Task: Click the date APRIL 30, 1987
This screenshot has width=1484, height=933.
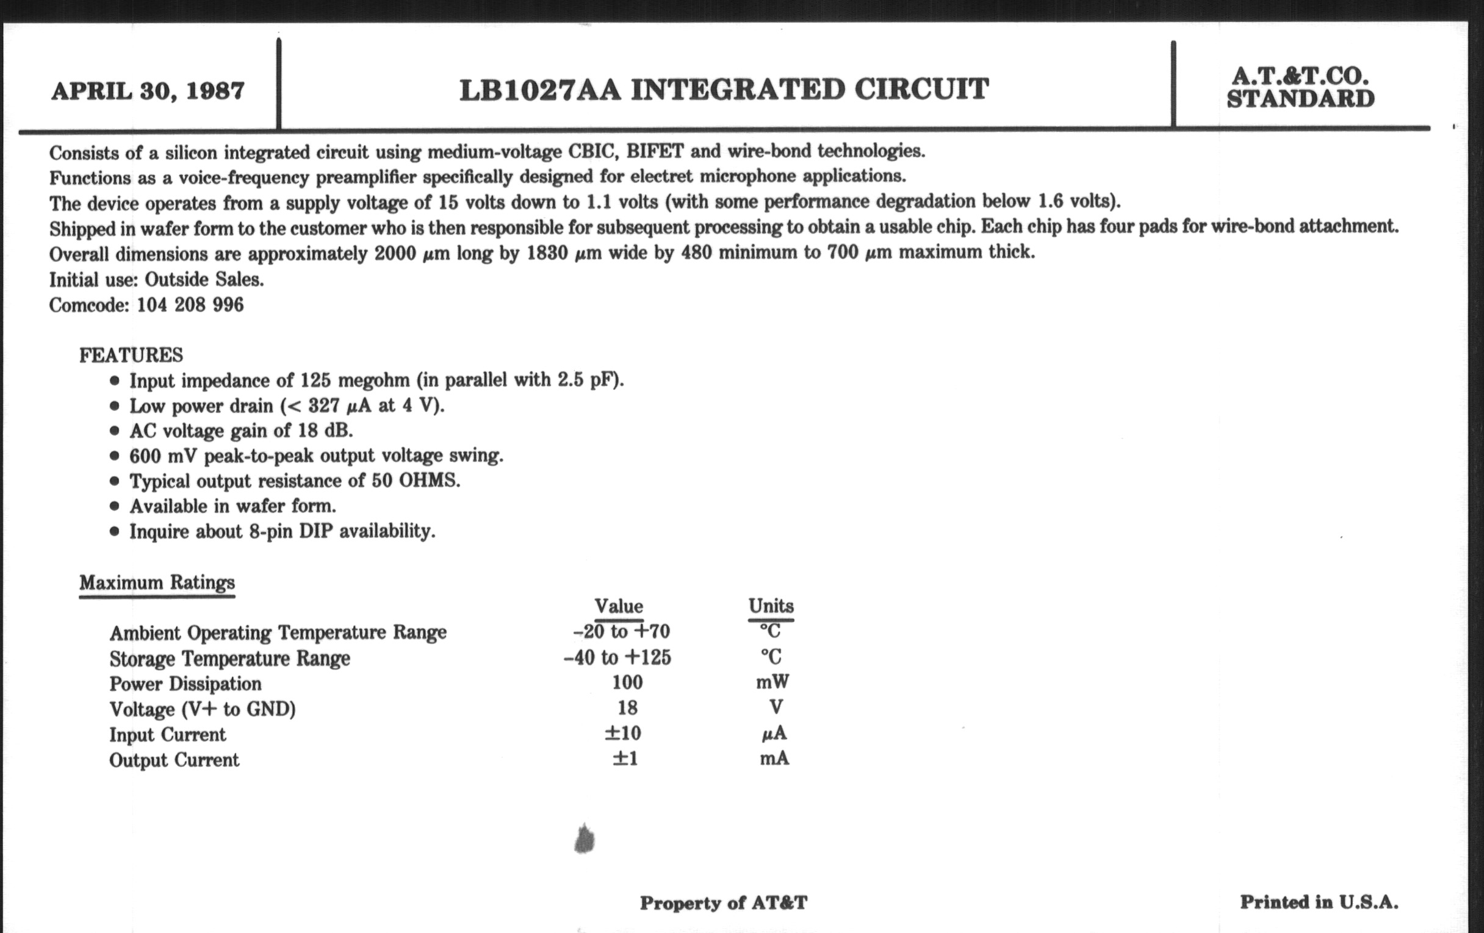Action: click(148, 91)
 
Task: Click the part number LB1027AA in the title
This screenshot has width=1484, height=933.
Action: click(539, 90)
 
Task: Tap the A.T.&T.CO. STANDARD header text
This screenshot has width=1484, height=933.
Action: click(1300, 87)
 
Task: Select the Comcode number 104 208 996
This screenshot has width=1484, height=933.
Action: click(190, 305)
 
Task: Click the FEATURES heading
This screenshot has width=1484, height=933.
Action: click(131, 355)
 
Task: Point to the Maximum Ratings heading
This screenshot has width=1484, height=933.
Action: click(157, 582)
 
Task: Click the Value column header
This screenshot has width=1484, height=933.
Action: click(618, 606)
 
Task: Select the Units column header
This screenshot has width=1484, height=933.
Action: click(771, 606)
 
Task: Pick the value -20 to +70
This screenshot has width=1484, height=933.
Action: click(621, 631)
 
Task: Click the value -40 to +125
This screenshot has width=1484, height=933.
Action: click(617, 657)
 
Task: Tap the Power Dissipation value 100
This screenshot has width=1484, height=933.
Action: click(627, 682)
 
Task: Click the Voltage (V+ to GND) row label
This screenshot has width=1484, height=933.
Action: click(202, 709)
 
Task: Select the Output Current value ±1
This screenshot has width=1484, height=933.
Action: click(625, 758)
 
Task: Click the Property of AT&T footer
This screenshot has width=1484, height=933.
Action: click(723, 903)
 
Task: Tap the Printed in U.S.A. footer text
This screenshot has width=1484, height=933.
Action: click(1319, 903)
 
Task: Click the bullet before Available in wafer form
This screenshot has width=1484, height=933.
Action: click(114, 506)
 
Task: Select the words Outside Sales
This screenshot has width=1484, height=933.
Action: click(204, 279)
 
